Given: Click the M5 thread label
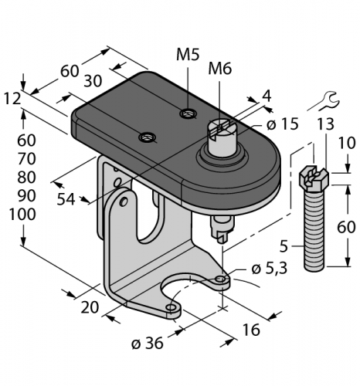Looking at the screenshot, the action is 188,55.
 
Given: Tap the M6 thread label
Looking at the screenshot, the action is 219,69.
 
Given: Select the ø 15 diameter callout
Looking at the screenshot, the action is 283,124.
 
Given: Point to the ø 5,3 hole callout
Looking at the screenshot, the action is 269,269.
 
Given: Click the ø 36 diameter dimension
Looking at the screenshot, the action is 148,344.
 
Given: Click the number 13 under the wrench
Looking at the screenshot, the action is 325,124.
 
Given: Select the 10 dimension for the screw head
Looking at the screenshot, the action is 347,143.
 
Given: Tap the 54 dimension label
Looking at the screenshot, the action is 66,199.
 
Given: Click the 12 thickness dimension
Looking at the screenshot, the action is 12,99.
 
